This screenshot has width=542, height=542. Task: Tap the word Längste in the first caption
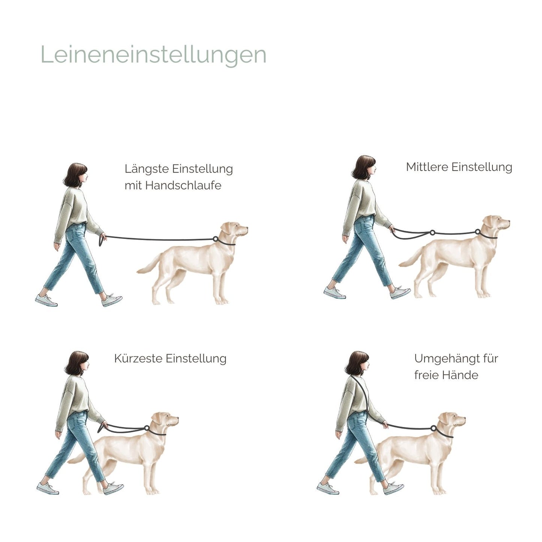[147, 169]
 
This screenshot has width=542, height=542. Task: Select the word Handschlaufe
[183, 185]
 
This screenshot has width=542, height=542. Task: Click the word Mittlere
[427, 167]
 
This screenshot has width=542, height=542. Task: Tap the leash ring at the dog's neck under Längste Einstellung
[215, 239]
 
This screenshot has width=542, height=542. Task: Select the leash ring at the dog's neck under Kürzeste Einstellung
[147, 428]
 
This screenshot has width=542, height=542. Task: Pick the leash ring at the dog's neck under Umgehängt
[434, 428]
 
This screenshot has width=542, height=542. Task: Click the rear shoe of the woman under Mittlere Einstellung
[335, 293]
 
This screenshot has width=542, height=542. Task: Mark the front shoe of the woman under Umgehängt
[393, 488]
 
